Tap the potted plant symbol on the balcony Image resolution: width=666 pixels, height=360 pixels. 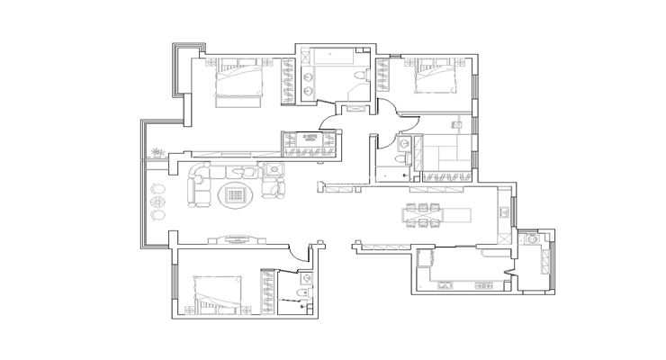point(157,153)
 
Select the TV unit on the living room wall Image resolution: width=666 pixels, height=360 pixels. point(238,238)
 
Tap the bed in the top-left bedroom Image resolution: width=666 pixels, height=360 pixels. point(239,82)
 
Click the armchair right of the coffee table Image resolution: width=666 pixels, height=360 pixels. point(272,187)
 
